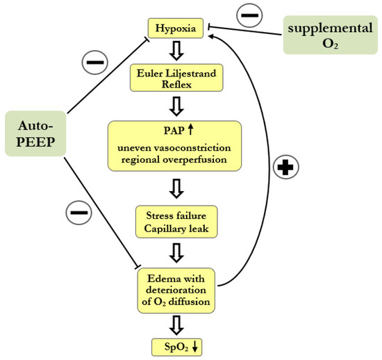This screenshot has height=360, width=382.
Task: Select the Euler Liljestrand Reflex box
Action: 175,76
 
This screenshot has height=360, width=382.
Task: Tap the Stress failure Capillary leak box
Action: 175,220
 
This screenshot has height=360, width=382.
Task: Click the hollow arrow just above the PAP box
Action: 175,105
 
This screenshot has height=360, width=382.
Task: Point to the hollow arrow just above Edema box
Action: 175,251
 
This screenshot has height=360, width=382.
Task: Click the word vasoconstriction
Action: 201,149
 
